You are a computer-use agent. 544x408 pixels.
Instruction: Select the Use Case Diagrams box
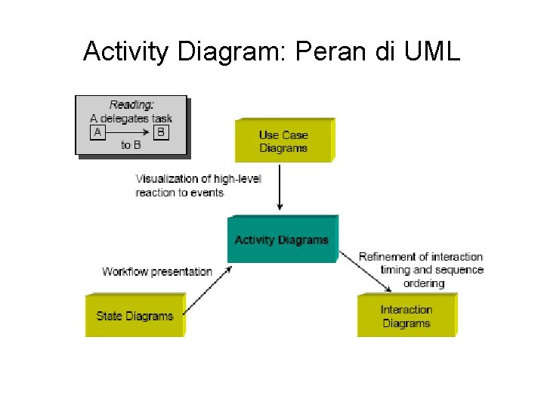pos(283,141)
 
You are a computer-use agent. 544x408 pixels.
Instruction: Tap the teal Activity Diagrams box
pos(282,240)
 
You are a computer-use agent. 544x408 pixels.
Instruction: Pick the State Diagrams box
pos(134,316)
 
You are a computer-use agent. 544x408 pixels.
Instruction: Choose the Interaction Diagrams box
pos(406,316)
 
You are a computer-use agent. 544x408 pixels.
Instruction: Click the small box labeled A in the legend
pos(97,132)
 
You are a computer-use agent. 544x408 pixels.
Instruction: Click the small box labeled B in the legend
pos(161,132)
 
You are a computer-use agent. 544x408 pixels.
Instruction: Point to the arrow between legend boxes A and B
pos(128,132)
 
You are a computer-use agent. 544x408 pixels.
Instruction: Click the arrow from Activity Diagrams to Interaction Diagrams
pos(365,271)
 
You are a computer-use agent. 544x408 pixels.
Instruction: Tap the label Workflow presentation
pos(157,271)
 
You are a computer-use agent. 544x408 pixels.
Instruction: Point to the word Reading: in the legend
pos(131,105)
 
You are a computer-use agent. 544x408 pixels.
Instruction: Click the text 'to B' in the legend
pos(131,145)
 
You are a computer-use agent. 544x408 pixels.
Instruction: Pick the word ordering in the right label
pos(423,283)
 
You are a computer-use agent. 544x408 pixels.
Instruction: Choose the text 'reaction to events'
pos(180,193)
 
